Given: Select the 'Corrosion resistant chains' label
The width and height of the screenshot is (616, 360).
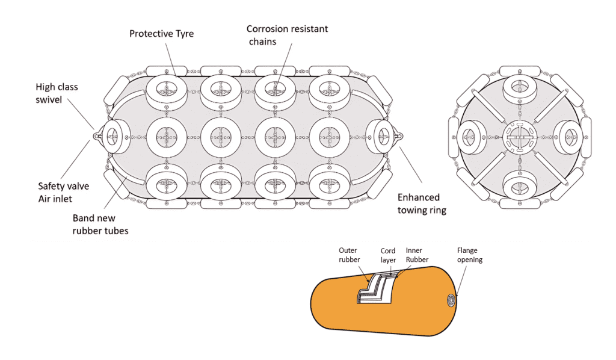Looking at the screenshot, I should (x=287, y=35).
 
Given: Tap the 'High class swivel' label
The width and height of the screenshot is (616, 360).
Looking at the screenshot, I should (x=57, y=93).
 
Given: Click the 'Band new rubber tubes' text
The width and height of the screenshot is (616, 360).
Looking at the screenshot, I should (x=100, y=224).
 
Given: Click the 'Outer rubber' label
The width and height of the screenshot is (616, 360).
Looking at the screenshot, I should (x=348, y=255).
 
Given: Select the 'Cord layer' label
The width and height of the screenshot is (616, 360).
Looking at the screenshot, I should (x=389, y=255).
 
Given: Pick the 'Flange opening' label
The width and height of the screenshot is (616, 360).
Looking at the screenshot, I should (x=470, y=255).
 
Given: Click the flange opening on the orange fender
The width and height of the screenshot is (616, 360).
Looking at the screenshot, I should (x=451, y=300).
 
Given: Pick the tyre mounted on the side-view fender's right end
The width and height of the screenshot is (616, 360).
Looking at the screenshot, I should (x=380, y=137).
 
